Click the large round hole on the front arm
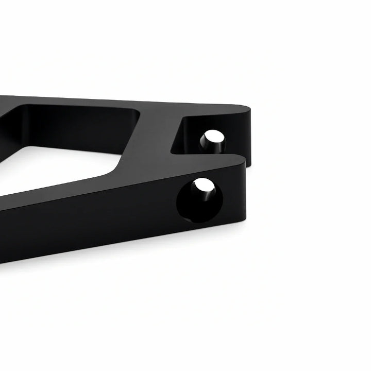pyautogui.click(x=199, y=199)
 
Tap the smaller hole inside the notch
pyautogui.click(x=212, y=142)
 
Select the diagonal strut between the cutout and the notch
pyautogui.click(x=155, y=139)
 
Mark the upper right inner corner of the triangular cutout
pyautogui.click(x=138, y=111)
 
